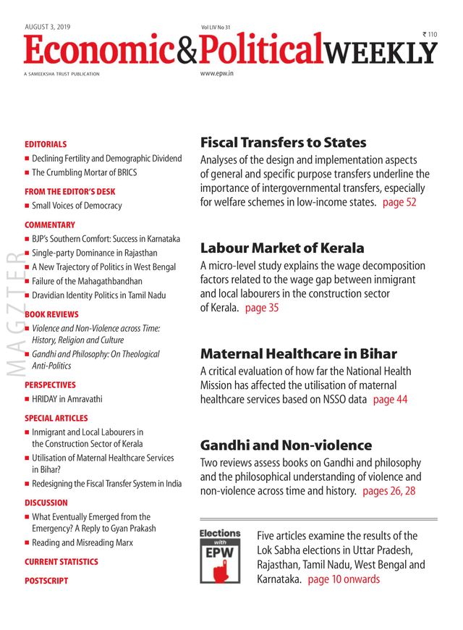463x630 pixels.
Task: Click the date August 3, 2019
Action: coord(47,26)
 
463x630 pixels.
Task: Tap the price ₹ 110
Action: coord(430,35)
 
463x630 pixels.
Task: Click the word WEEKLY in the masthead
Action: coord(381,52)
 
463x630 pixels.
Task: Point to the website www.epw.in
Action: coord(216,74)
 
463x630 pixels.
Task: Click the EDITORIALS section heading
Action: coord(46,144)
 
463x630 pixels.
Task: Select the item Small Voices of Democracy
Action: coord(77,206)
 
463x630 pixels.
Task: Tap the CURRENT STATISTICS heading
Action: coord(61,562)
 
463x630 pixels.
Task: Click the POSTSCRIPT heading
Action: coord(46,581)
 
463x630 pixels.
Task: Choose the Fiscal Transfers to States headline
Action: coord(283,142)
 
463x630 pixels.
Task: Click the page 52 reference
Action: coord(399,202)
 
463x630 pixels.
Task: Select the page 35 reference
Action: coord(261,308)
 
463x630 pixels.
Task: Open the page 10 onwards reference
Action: coord(344,579)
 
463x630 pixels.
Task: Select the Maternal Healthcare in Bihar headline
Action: coord(298,354)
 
